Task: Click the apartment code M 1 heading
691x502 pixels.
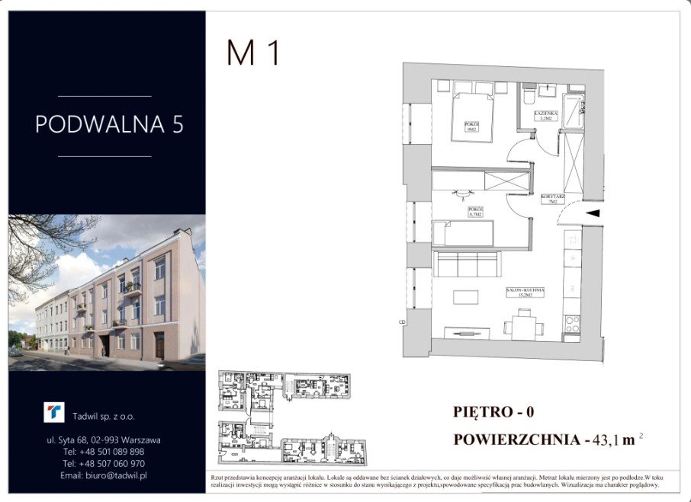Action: click(x=254, y=53)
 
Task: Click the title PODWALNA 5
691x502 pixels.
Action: click(x=109, y=124)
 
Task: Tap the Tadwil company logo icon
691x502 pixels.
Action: click(x=54, y=413)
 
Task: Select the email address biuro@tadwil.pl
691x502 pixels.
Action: click(x=104, y=475)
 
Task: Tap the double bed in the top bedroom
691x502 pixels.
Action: click(x=473, y=115)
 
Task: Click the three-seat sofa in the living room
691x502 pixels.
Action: click(x=467, y=264)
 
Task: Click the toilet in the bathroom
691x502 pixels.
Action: click(x=528, y=95)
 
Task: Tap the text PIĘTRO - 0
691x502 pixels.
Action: click(x=493, y=412)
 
